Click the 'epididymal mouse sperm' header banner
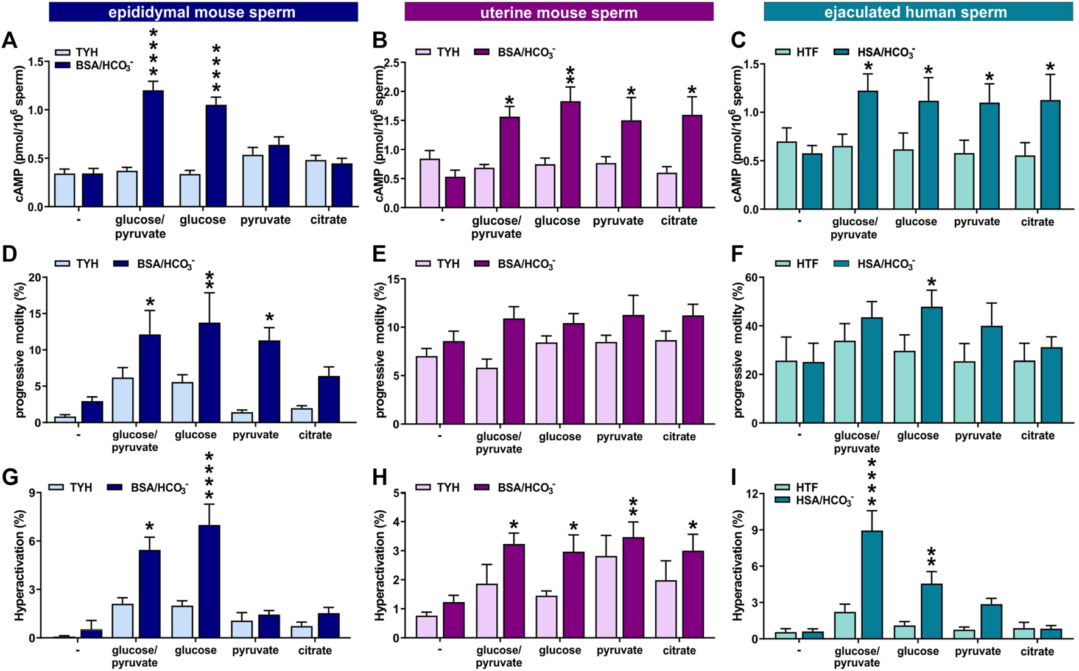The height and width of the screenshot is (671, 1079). click(x=203, y=12)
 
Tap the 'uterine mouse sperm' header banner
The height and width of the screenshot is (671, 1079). click(x=558, y=12)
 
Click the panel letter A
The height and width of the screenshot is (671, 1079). click(x=9, y=40)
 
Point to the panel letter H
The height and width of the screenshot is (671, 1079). click(x=379, y=477)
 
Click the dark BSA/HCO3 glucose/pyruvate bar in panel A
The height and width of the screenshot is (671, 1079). click(x=153, y=149)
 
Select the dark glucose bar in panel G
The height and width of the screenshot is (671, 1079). click(x=209, y=581)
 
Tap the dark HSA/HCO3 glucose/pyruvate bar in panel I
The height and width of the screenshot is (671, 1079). click(x=872, y=585)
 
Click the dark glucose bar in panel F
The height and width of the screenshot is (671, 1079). click(x=931, y=365)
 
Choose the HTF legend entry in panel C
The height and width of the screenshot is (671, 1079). click(x=798, y=52)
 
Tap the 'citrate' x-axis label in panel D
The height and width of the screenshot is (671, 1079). click(x=315, y=435)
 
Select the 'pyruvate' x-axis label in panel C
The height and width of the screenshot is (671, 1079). click(x=977, y=222)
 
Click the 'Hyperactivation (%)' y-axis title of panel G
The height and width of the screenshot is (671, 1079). click(x=19, y=566)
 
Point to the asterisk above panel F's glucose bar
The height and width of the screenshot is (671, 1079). click(x=931, y=282)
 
